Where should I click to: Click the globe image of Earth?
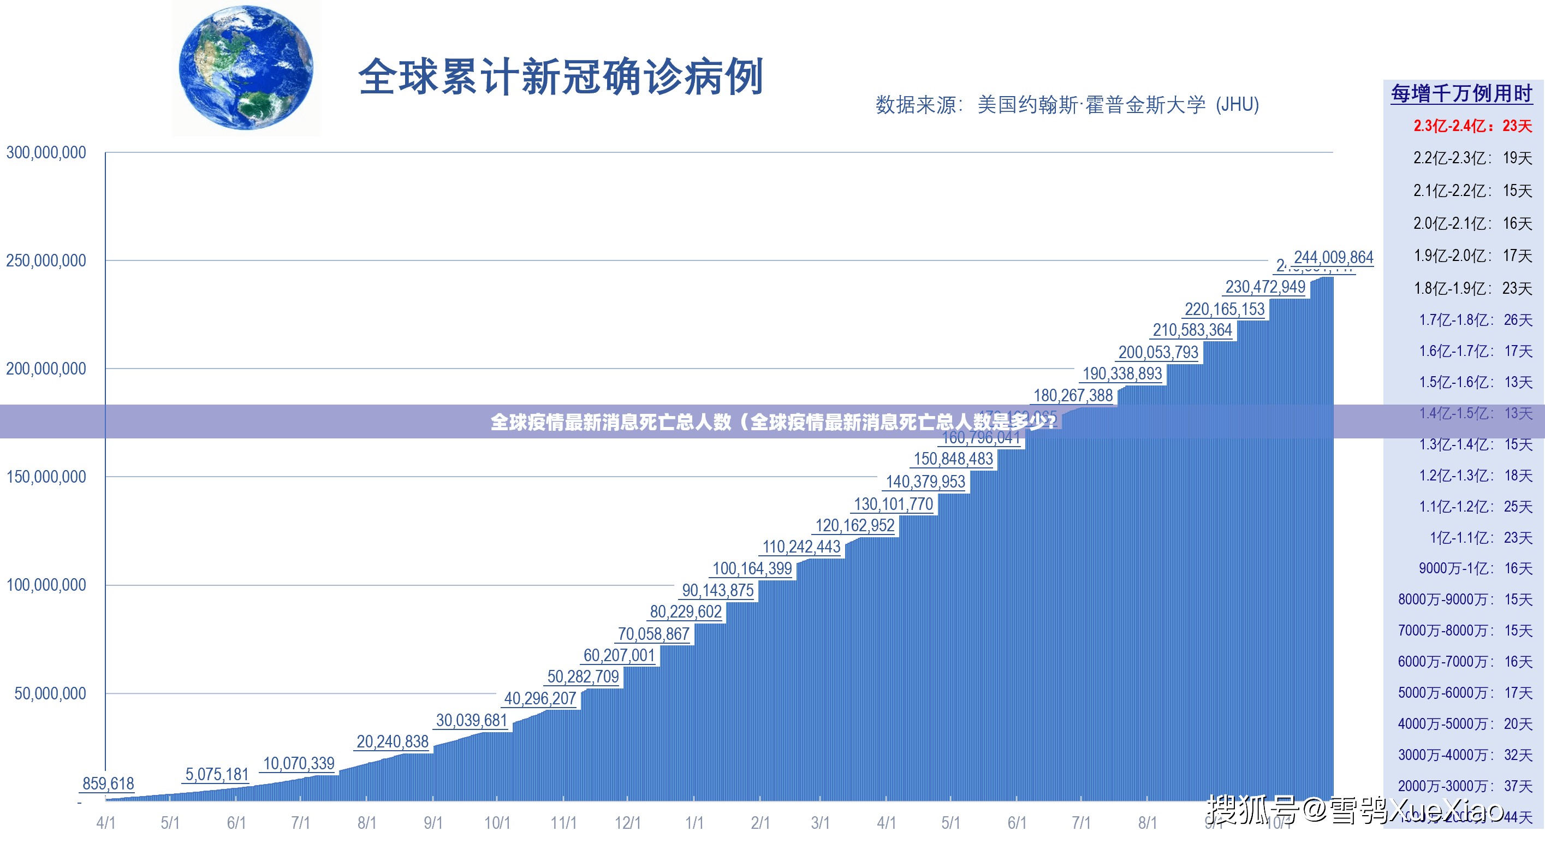[246, 67]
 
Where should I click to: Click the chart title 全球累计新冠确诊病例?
[560, 77]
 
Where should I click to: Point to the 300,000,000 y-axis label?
[46, 152]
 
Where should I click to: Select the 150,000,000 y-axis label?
[46, 477]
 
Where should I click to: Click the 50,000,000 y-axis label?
[50, 693]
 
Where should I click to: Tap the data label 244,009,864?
[1333, 257]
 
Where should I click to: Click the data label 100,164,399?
[752, 568]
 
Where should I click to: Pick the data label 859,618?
[108, 783]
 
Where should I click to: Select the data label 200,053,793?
[1157, 352]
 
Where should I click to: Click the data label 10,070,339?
[298, 763]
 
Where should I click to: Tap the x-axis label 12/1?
[627, 823]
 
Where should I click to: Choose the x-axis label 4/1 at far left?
[105, 823]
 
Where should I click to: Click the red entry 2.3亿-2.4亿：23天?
[1472, 126]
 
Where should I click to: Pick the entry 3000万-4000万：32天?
[1465, 755]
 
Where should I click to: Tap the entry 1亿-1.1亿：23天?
[1480, 538]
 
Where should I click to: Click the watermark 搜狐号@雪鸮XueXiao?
[1356, 811]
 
